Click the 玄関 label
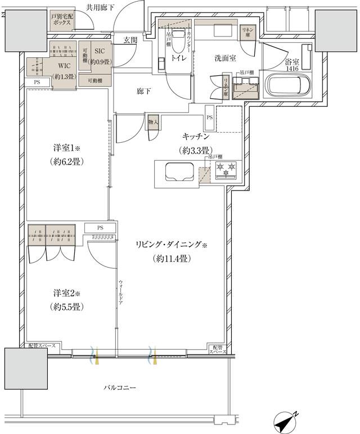pos(131,40)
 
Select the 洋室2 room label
pos(67,293)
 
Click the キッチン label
pos(196,136)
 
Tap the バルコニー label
pos(120,388)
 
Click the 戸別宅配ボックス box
pos(61,20)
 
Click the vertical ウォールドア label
pos(121,292)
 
